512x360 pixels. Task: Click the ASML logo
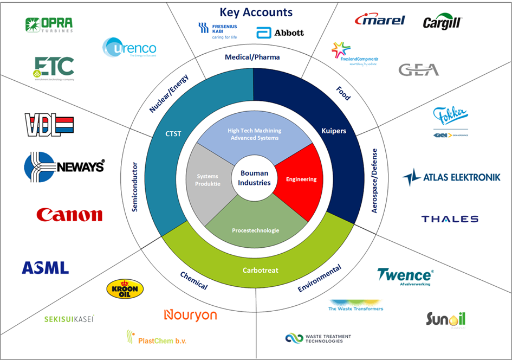click(x=46, y=267)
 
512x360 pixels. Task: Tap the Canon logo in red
click(x=69, y=215)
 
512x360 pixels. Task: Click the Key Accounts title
click(x=256, y=12)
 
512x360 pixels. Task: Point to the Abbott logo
click(x=280, y=32)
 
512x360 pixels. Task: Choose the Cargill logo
click(x=442, y=22)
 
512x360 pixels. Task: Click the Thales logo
click(x=450, y=219)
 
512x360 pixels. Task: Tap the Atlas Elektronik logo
click(x=451, y=177)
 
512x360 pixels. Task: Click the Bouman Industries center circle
click(x=254, y=178)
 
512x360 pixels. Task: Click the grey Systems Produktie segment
click(x=208, y=180)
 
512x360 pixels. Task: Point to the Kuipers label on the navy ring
click(x=333, y=131)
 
